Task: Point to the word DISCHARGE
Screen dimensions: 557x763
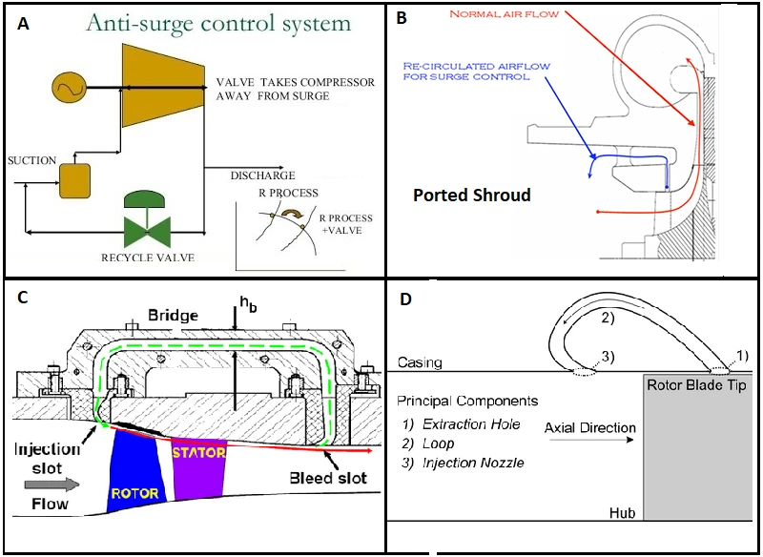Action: click(x=261, y=176)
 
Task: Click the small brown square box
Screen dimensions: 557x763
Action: click(x=75, y=179)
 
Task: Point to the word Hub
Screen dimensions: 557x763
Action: click(x=623, y=513)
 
